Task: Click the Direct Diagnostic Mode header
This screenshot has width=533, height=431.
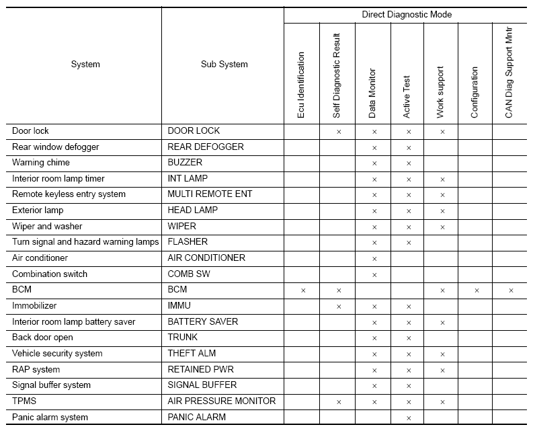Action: [x=407, y=14]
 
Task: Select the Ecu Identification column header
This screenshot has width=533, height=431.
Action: [x=301, y=85]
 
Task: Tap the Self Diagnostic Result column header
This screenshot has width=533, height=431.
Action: [x=337, y=76]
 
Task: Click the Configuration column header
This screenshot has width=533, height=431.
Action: [x=475, y=93]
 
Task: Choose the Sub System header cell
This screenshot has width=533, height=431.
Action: [x=224, y=65]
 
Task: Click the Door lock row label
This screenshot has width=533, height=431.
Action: [x=30, y=131]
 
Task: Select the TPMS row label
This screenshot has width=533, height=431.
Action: [x=24, y=401]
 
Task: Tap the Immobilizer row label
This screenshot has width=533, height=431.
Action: [x=34, y=306]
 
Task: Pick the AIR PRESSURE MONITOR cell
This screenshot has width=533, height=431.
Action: [x=221, y=401]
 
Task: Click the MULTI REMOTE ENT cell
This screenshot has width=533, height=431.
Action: [x=210, y=194]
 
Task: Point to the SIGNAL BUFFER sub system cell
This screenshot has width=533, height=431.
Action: [x=202, y=385]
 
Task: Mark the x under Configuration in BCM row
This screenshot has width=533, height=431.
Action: [x=477, y=290]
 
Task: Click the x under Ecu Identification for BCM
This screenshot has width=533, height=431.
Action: [x=303, y=290]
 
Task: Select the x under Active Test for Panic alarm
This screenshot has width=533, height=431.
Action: [x=408, y=418]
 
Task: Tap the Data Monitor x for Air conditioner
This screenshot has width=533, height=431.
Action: [x=374, y=259]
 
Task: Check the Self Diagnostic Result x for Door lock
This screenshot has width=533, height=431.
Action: [x=339, y=132]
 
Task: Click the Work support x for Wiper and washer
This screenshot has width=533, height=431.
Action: [x=442, y=227]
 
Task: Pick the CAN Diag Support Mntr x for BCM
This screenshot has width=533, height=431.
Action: [x=511, y=290]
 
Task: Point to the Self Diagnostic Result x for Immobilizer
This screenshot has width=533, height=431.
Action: [x=339, y=307]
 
